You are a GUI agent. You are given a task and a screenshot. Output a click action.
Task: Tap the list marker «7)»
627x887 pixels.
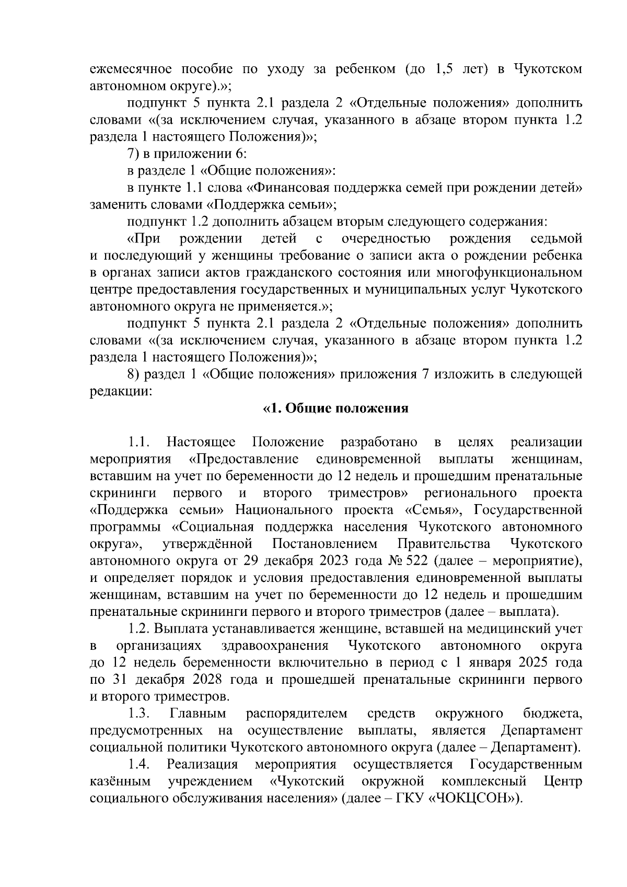[x=136, y=154]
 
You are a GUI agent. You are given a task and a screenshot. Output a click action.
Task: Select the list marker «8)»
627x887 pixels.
[x=136, y=375]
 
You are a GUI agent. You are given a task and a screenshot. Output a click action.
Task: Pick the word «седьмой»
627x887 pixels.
[x=556, y=239]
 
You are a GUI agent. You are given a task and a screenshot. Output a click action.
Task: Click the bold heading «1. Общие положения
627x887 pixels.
[x=335, y=409]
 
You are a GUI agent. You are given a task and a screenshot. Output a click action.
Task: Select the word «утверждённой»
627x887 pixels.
[x=208, y=544]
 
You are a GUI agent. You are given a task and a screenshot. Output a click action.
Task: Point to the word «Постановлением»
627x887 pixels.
[x=324, y=544]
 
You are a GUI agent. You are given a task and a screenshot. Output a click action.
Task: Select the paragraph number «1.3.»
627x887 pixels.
[x=140, y=714]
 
